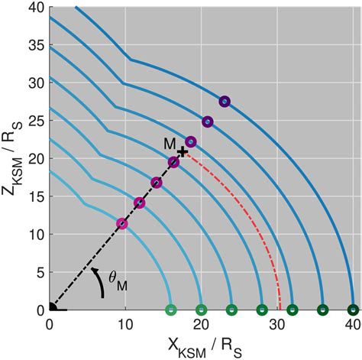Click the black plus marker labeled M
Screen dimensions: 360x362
(182, 153)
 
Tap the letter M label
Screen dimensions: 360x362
(170, 144)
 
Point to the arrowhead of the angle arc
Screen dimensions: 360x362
(93, 269)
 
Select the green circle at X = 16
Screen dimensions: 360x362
(171, 310)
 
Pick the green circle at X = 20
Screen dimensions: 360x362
(201, 310)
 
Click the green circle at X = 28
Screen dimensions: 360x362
(262, 310)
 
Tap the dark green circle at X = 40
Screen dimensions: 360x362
(352, 310)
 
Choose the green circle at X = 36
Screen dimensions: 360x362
(322, 310)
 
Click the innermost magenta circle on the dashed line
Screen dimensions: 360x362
(122, 223)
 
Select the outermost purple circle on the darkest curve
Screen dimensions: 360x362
(225, 102)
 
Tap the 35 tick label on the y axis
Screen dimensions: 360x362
(35, 46)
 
